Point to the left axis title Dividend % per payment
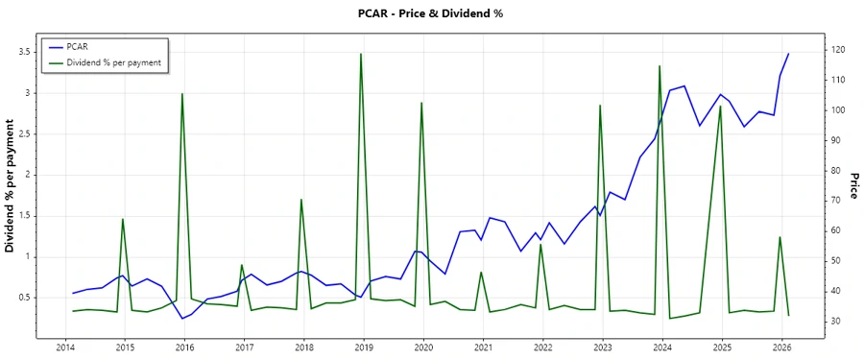[11, 186]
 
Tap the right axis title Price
[852, 186]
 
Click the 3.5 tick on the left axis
[25, 52]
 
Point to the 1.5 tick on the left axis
[25, 215]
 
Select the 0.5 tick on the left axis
[25, 297]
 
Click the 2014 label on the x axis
[65, 348]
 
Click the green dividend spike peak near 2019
[361, 54]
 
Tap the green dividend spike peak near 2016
[182, 93]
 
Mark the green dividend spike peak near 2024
[660, 66]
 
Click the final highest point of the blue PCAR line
[788, 54]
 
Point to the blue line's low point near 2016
[182, 319]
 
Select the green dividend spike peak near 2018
[301, 200]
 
